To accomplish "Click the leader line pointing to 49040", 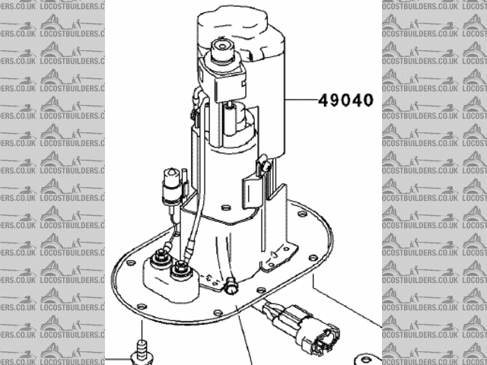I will pyautogui.click(x=301, y=100).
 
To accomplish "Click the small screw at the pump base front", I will pyautogui.click(x=230, y=286).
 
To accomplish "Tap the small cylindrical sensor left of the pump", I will pyautogui.click(x=174, y=185).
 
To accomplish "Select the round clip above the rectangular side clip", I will pyautogui.click(x=264, y=163).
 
